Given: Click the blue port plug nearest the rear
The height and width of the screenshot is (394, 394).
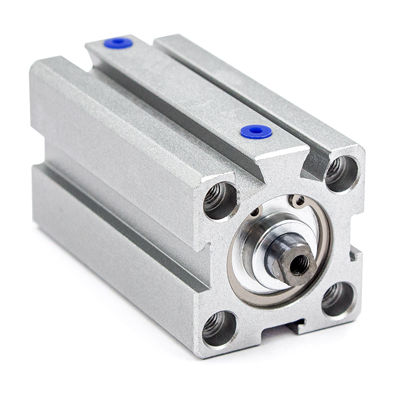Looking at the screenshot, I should point(118,43).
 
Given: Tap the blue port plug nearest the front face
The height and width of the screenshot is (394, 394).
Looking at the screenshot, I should point(256,132).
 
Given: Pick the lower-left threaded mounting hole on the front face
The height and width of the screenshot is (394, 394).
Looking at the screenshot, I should point(219,328).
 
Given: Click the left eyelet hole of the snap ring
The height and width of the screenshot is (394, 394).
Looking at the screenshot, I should point(256,212).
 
